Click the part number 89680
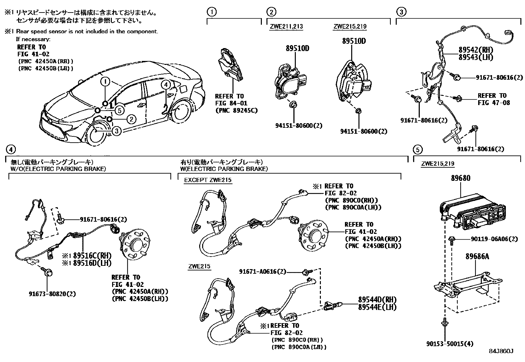pyautogui.click(x=461, y=178)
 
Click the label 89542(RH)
pyautogui.click(x=476, y=50)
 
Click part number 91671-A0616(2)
pyautogui.click(x=262, y=272)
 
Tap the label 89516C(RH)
pyautogui.click(x=92, y=256)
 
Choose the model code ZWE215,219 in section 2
pyautogui.click(x=350, y=27)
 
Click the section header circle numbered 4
pyautogui.click(x=11, y=150)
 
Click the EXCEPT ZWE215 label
pyautogui.click(x=208, y=180)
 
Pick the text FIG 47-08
pyautogui.click(x=494, y=103)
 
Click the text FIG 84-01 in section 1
pyautogui.click(x=229, y=103)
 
